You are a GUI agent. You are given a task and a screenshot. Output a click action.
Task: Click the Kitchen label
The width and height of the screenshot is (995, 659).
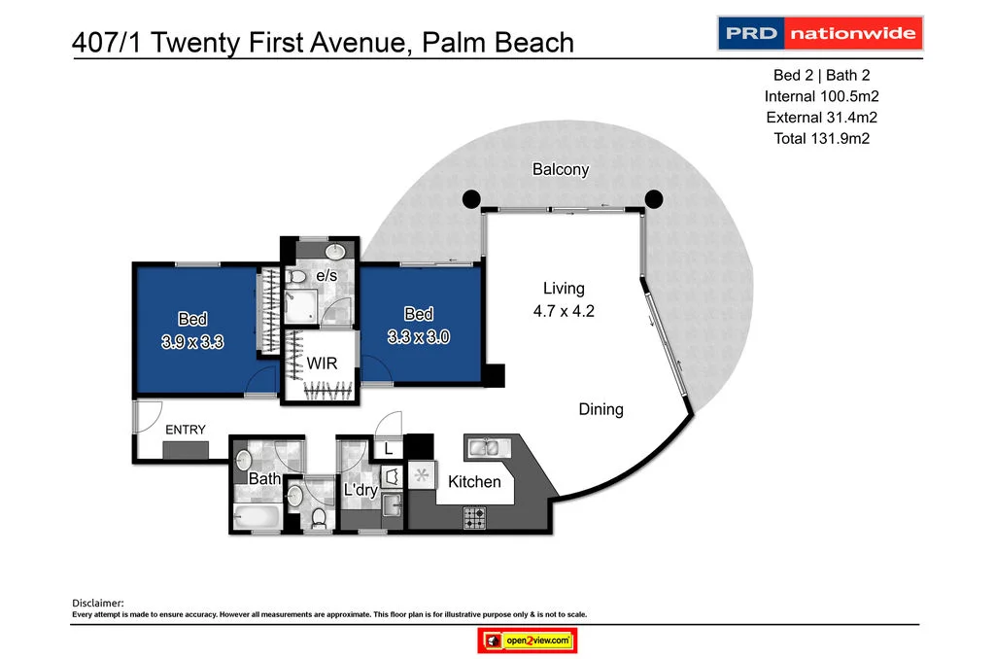point(474,482)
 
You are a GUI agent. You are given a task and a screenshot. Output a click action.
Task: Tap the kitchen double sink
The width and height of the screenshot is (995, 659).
point(483,447)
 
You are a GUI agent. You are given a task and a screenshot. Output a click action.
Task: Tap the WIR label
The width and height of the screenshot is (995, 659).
point(322,364)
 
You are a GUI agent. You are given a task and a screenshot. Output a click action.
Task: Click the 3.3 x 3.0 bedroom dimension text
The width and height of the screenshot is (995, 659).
point(419,336)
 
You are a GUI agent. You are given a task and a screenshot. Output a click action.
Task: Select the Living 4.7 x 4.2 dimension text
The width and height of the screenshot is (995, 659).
point(564,312)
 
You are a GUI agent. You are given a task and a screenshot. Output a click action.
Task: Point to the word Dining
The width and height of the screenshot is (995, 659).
point(600,409)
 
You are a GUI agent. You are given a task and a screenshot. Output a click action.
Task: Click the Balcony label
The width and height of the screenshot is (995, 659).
point(561,169)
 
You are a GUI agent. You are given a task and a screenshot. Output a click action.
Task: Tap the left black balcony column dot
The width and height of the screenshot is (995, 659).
point(470,199)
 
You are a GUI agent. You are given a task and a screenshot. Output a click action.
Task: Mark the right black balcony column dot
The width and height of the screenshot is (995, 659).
point(654,199)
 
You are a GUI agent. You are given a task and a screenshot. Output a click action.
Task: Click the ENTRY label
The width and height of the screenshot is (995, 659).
point(185,430)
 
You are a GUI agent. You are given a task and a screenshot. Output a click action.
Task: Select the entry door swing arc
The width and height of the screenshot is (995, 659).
point(148,416)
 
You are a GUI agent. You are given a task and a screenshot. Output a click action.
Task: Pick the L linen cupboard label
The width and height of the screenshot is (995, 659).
point(389,449)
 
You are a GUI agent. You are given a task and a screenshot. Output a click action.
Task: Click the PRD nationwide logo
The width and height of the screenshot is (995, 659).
point(819,33)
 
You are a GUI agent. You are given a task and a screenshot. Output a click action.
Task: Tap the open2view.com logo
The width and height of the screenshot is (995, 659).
point(529,641)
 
